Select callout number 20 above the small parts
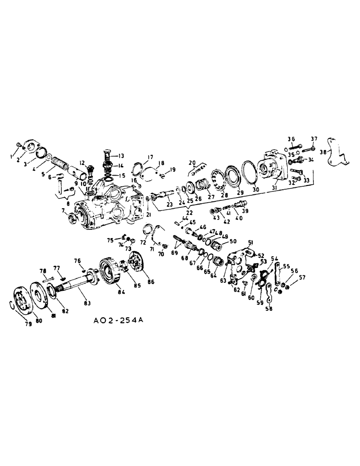pyautogui.click(x=191, y=162)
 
